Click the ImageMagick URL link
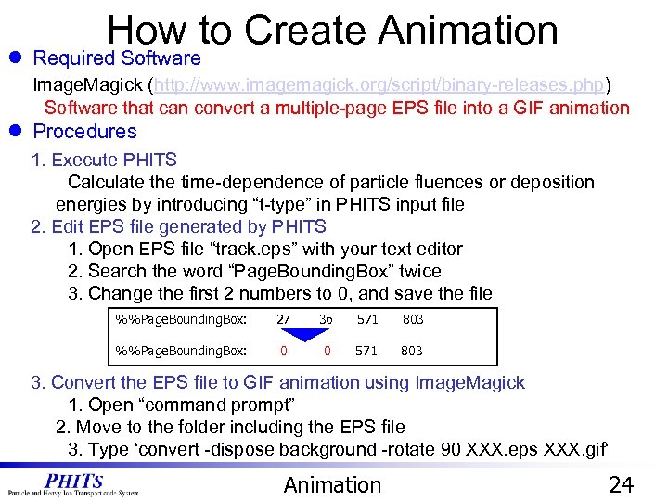pos(379,84)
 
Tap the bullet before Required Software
pos(16,58)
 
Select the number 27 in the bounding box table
pos(283,320)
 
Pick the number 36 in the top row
pos(326,320)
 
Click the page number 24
pos(621,485)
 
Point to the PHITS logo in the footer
pos(74,483)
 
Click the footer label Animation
pos(332,485)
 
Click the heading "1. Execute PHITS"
pos(104,160)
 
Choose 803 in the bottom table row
pos(412,351)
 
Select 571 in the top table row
pos(366,320)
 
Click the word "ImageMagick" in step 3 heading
pos(470,382)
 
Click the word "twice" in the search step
pos(419,271)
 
